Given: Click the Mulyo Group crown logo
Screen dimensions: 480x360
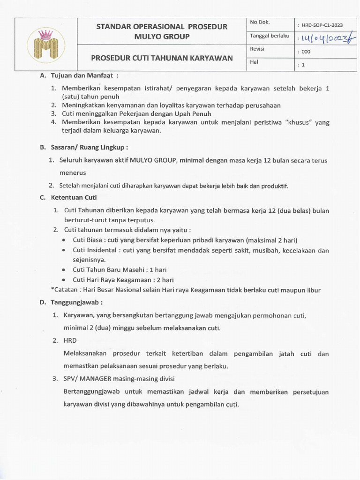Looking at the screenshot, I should [43, 44].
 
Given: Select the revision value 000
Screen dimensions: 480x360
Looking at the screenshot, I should [304, 52].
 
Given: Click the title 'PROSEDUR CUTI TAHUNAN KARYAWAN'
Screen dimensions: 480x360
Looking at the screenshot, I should [162, 58].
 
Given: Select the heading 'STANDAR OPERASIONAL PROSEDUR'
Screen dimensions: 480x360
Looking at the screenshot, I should [162, 27].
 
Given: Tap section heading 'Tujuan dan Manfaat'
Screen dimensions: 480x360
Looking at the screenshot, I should [81, 75].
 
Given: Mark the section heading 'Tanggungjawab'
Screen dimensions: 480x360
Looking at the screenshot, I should [76, 302].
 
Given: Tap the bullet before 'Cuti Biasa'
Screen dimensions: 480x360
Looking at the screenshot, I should [63, 240].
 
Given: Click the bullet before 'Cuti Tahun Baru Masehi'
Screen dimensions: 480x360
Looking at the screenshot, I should [63, 270].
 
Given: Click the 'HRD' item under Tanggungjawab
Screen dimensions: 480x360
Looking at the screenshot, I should [70, 340].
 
